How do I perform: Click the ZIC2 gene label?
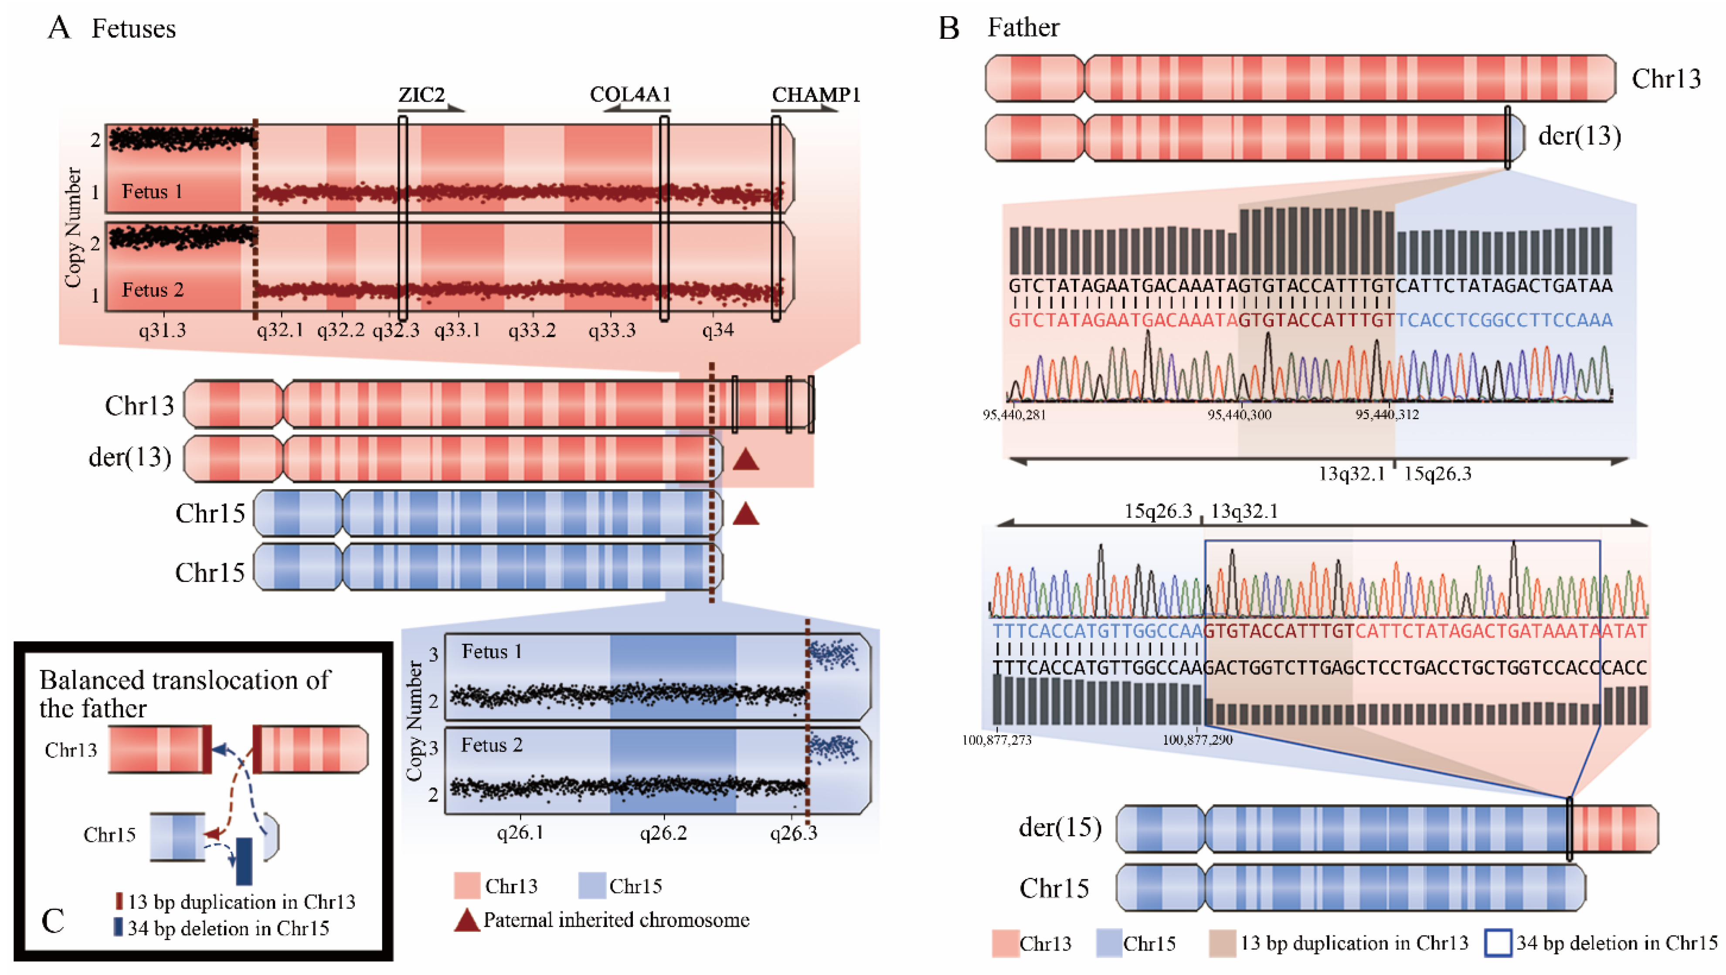click(x=421, y=95)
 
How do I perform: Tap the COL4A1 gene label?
click(x=630, y=95)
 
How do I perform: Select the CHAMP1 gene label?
click(x=815, y=95)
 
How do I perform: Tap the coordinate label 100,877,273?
click(x=996, y=741)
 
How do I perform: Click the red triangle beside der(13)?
click(x=745, y=460)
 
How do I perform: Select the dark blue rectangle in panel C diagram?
click(x=244, y=860)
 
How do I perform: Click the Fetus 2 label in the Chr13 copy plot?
click(x=152, y=290)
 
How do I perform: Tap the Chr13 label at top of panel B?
click(x=1666, y=79)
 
